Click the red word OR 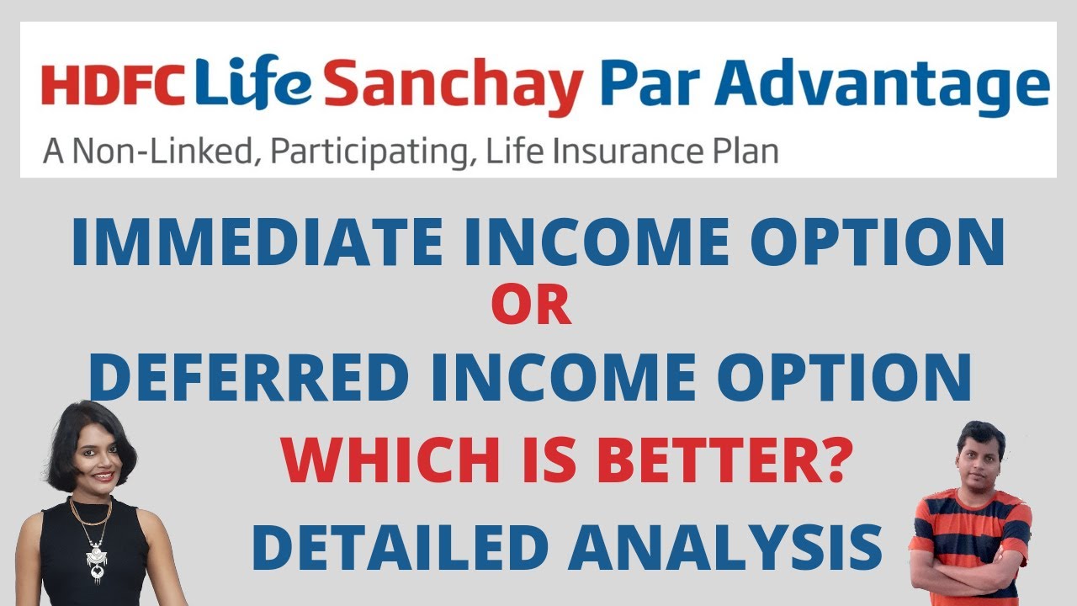(x=531, y=308)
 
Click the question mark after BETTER (x=831, y=462)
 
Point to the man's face (x=981, y=460)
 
